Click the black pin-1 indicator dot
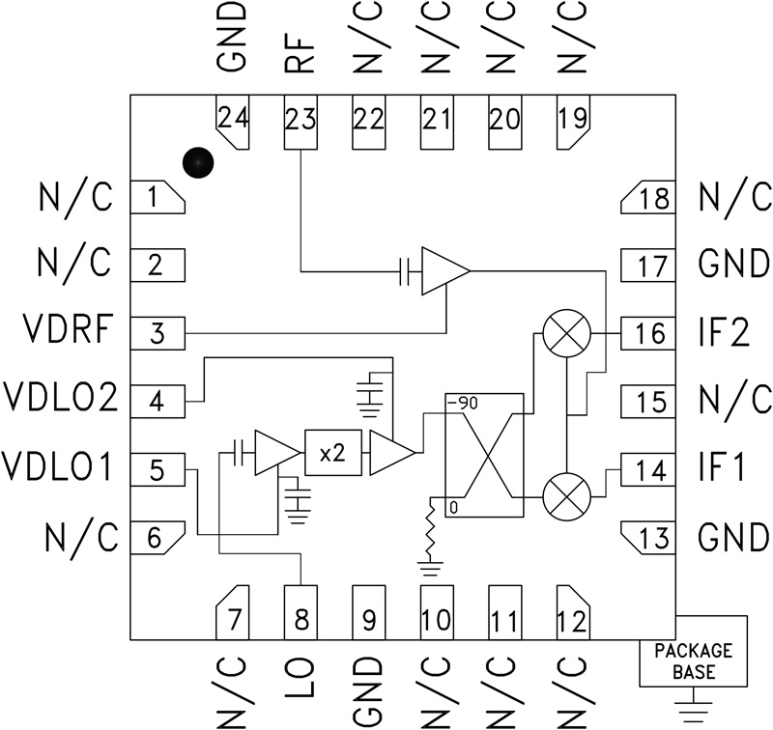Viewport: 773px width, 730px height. pyautogui.click(x=197, y=163)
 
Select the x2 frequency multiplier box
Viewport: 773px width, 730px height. pyautogui.click(x=331, y=453)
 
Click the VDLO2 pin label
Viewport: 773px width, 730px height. pyautogui.click(x=61, y=398)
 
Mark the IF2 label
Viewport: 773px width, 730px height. pyautogui.click(x=723, y=332)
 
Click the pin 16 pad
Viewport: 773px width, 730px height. pyautogui.click(x=649, y=333)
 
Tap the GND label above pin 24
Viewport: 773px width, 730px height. pyautogui.click(x=233, y=39)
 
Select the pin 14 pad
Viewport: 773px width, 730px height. pyautogui.click(x=649, y=470)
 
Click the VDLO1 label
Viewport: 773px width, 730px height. pyautogui.click(x=60, y=466)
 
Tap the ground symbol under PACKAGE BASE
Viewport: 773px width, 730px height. pyautogui.click(x=693, y=713)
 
